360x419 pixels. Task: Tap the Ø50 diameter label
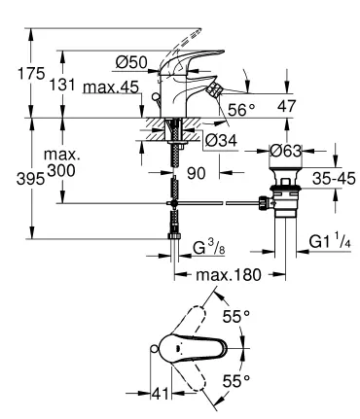(x=130, y=63)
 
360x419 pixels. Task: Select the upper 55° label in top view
(x=240, y=318)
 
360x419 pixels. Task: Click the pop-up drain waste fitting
(x=283, y=199)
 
